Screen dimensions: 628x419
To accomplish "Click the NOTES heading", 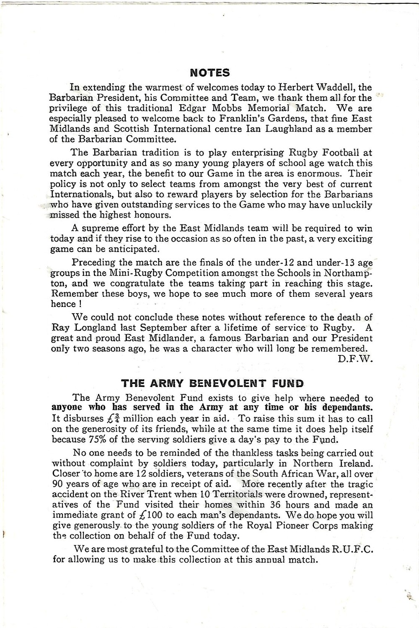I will [x=210, y=73].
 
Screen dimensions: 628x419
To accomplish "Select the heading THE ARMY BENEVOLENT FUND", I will [x=212, y=383].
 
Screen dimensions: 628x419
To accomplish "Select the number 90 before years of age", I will [x=58, y=484].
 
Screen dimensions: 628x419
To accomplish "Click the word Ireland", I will [x=354, y=464].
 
